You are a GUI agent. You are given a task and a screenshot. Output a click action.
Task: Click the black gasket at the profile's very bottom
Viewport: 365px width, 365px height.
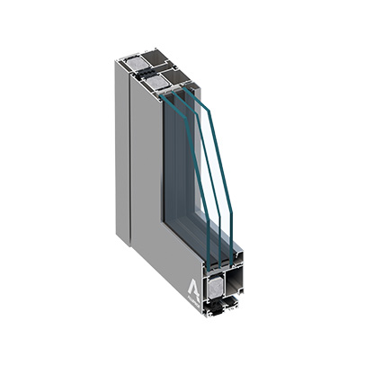pyautogui.click(x=221, y=315)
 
